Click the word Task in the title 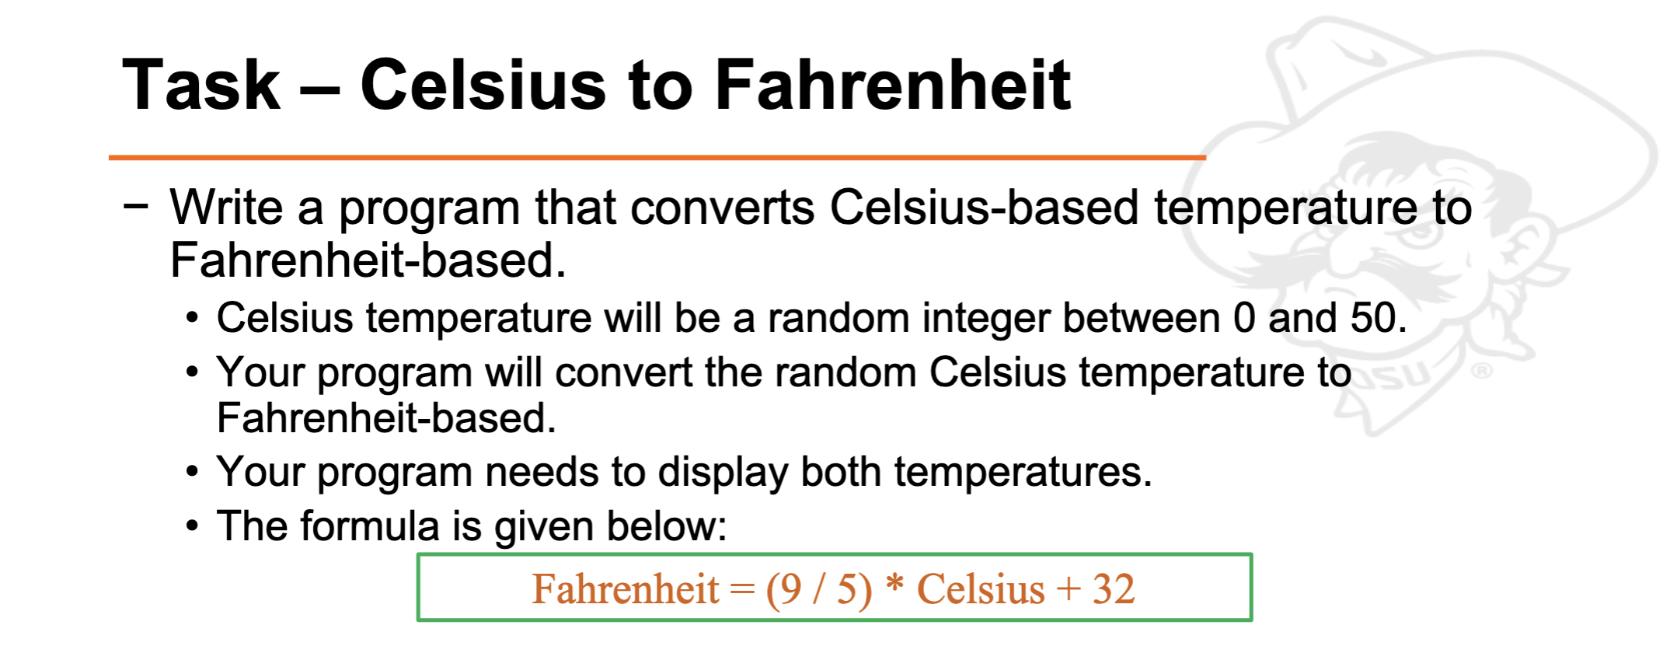pyautogui.click(x=200, y=86)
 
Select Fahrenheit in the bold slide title pyautogui.click(x=892, y=86)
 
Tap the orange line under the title pyautogui.click(x=657, y=158)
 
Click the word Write pyautogui.click(x=226, y=208)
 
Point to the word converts pyautogui.click(x=722, y=208)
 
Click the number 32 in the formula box pyautogui.click(x=1113, y=588)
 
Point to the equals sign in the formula pyautogui.click(x=742, y=589)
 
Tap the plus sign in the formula pyautogui.click(x=1069, y=589)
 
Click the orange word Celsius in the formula pyautogui.click(x=981, y=588)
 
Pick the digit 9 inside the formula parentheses pyautogui.click(x=791, y=588)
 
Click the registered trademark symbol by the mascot pyautogui.click(x=1481, y=371)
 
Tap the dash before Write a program pyautogui.click(x=135, y=206)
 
